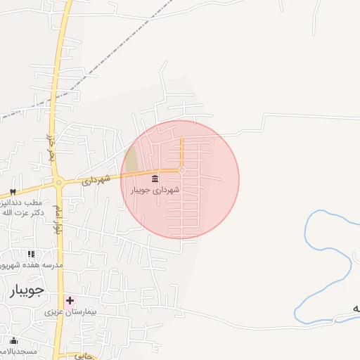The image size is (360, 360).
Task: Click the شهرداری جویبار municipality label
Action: click(x=155, y=190)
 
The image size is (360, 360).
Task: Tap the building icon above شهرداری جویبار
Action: click(x=155, y=179)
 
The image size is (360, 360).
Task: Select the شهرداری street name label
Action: click(x=96, y=180)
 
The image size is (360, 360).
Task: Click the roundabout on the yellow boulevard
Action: click(x=59, y=183)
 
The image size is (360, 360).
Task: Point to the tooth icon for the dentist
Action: click(x=13, y=193)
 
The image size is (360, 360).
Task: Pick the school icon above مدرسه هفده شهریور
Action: click(x=30, y=254)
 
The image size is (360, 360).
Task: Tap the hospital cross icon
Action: click(x=70, y=300)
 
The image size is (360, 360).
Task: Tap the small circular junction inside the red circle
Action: click(x=182, y=170)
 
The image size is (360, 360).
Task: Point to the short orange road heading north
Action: click(x=182, y=151)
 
